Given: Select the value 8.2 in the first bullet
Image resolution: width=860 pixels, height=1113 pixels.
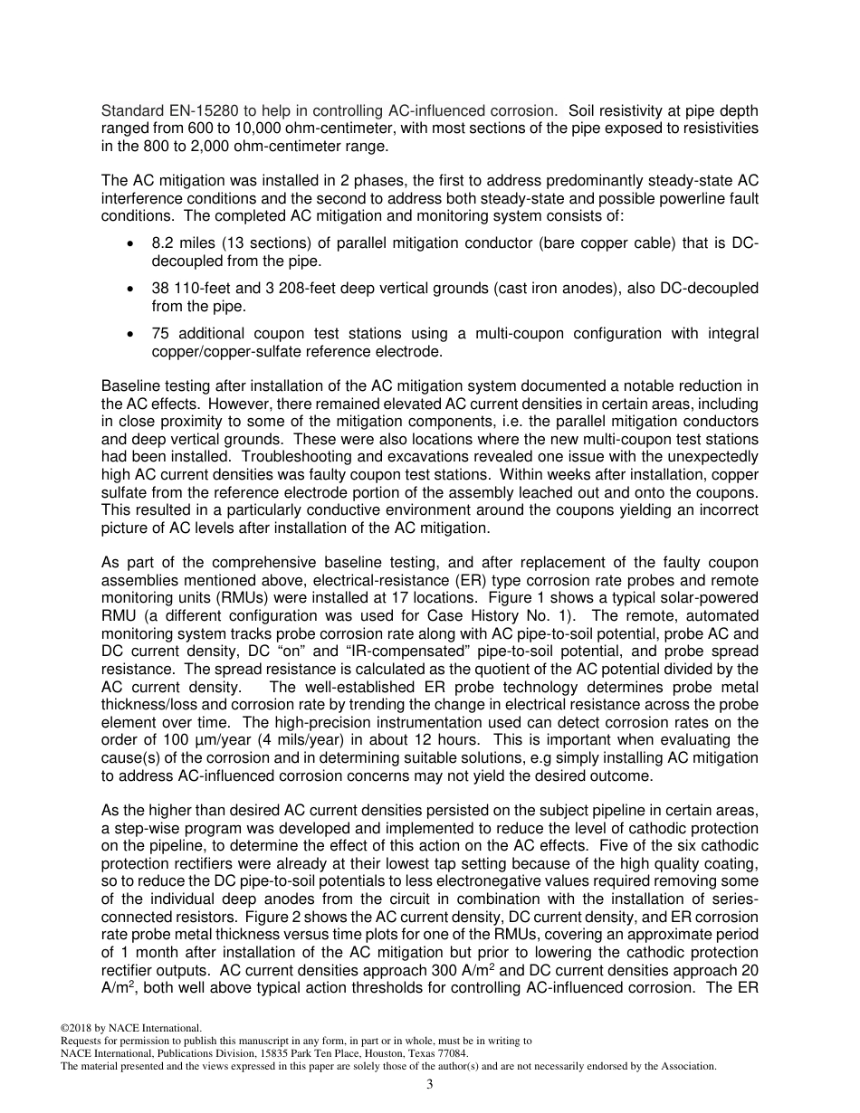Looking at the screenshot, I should click(x=163, y=247).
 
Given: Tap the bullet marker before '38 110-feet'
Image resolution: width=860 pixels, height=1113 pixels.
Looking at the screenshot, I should click(x=133, y=289).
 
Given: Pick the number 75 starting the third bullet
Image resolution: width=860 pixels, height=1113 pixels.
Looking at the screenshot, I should click(x=159, y=334).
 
